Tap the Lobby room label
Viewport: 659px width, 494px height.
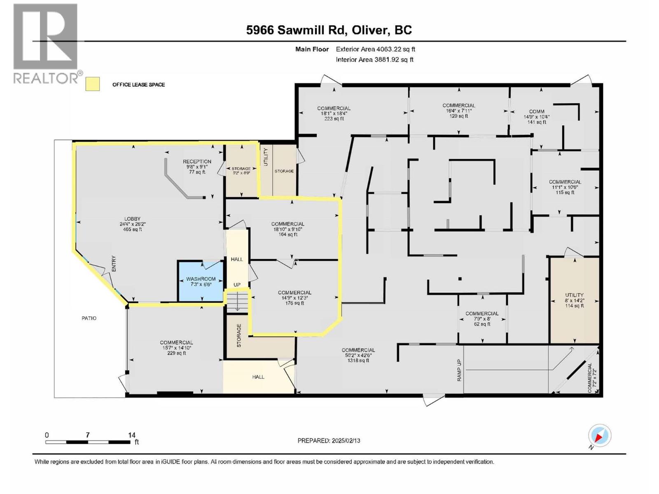[x=133, y=224]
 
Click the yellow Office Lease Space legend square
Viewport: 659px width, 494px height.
[x=93, y=84]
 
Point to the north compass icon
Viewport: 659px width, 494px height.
[x=599, y=436]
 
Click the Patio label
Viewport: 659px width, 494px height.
[x=89, y=318]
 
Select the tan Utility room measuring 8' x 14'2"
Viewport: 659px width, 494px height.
[x=574, y=300]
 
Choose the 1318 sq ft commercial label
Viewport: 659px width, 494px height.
[x=358, y=355]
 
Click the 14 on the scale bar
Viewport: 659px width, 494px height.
[x=131, y=435]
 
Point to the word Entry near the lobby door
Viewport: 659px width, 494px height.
[x=114, y=263]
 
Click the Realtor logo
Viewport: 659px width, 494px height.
[x=45, y=43]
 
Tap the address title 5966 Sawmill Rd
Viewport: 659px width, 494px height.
[x=329, y=30]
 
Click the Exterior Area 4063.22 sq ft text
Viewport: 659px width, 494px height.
[x=375, y=49]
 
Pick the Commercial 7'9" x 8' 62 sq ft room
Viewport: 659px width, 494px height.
[x=482, y=319]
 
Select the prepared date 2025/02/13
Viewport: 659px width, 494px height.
[x=329, y=440]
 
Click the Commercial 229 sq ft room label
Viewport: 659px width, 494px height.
[x=176, y=347]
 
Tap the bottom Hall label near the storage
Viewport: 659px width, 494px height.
[x=258, y=377]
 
